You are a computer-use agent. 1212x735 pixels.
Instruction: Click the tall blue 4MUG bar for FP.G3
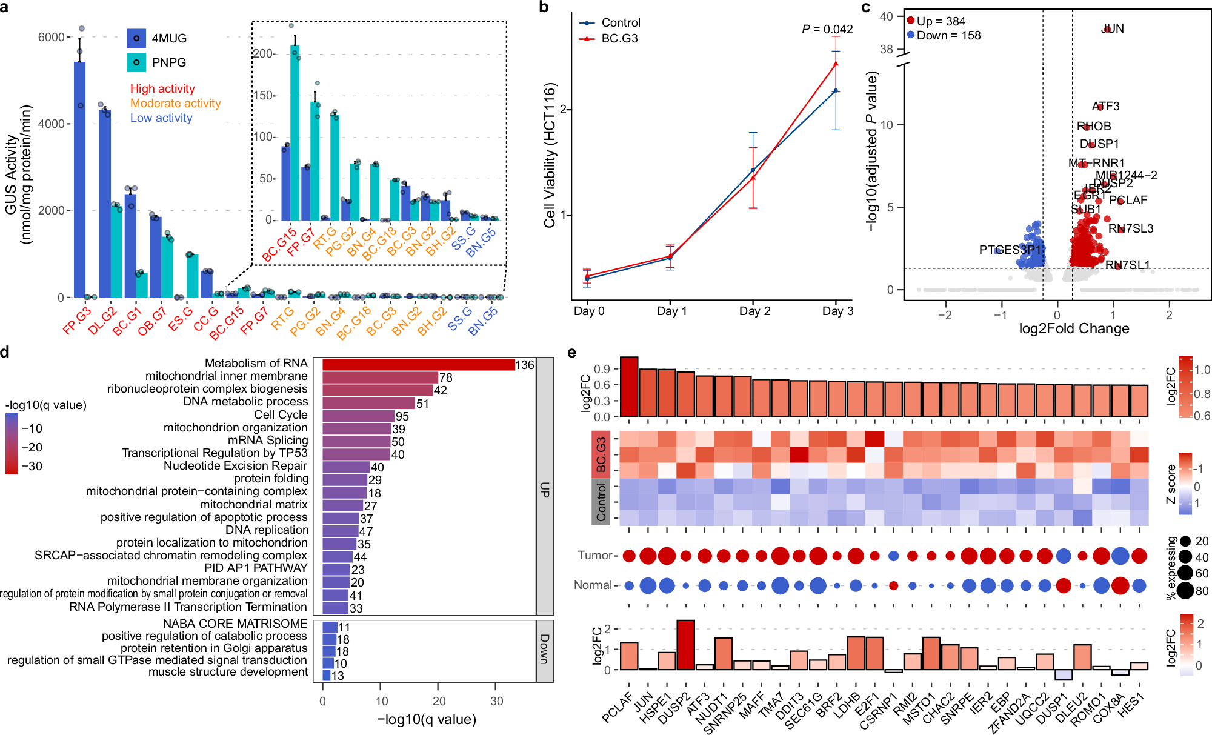79,182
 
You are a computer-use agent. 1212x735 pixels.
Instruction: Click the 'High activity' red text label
162,88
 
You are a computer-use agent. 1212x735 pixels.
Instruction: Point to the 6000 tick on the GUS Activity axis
52,37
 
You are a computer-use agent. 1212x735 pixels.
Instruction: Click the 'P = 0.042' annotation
827,29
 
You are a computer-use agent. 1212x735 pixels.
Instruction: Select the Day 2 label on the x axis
754,311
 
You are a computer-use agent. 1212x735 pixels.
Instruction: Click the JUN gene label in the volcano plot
1112,28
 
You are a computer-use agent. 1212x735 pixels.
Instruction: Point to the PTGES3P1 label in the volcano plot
1010,250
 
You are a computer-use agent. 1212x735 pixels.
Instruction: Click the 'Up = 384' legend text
941,21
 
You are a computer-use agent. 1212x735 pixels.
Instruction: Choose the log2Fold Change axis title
1074,328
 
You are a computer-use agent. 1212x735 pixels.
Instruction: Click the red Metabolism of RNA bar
418,364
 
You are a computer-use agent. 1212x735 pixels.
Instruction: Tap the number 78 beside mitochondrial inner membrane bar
445,377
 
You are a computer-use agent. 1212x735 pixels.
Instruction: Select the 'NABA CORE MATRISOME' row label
235,624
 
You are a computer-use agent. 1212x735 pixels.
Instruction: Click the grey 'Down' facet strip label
544,649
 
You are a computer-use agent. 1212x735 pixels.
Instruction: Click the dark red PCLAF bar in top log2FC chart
629,387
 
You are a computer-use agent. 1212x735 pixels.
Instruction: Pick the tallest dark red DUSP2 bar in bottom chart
685,645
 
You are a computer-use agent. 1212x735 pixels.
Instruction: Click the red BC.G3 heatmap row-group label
601,454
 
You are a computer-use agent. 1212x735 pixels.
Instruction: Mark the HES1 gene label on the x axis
1131,705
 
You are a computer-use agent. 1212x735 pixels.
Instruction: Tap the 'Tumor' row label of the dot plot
595,555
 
